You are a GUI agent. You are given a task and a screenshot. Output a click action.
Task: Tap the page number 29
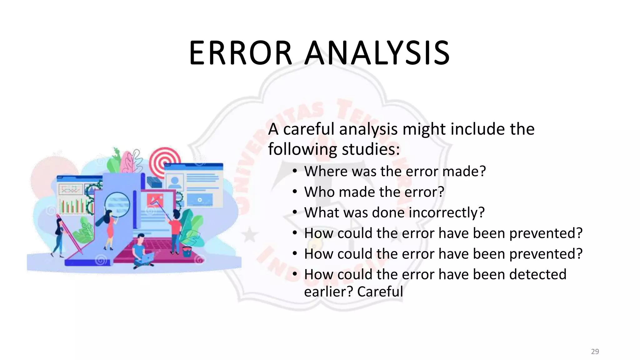(x=595, y=352)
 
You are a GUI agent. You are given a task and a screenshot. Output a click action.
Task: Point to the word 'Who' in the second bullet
(x=319, y=192)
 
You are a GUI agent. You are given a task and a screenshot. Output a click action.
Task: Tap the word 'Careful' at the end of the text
(x=380, y=292)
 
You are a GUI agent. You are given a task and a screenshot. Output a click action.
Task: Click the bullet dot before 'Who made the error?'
(x=295, y=192)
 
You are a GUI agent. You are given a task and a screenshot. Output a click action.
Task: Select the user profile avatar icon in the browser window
(x=175, y=182)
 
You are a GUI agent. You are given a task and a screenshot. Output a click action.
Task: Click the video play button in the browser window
(x=200, y=200)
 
